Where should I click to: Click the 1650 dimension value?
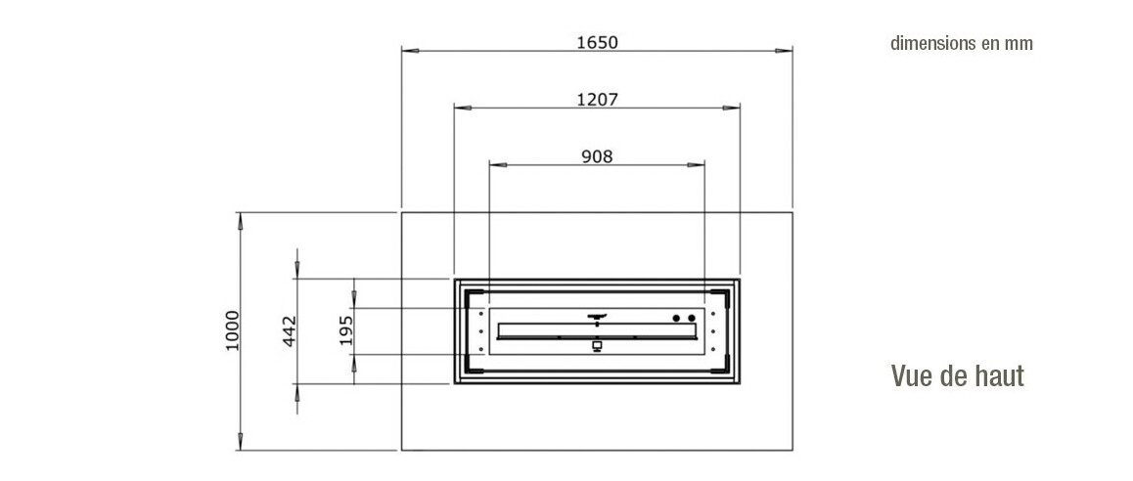(x=597, y=42)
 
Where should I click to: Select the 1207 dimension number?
(x=597, y=99)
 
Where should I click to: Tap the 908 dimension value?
(x=597, y=155)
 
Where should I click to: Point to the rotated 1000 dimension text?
(x=232, y=330)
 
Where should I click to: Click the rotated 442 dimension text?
(x=291, y=332)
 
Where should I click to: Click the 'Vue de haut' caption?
(x=957, y=375)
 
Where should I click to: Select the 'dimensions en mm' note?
(x=961, y=43)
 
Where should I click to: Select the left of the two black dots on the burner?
(x=676, y=318)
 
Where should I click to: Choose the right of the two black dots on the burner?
(x=692, y=318)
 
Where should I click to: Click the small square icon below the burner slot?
(x=597, y=346)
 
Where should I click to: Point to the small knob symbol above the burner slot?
(x=597, y=317)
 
